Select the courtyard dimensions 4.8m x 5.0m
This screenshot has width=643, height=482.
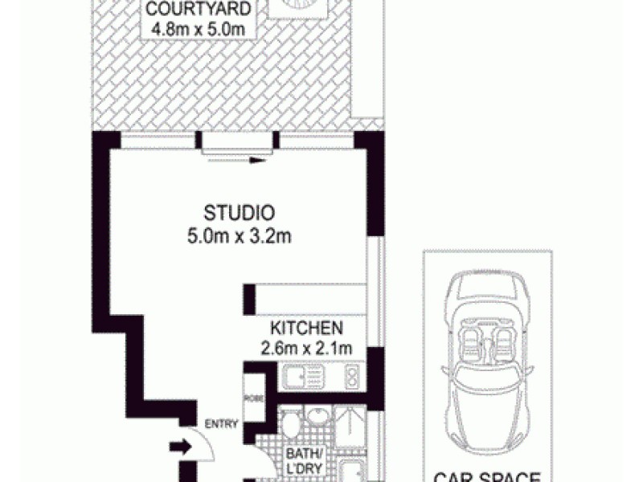pos(192,30)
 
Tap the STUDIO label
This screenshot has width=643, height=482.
pos(240,214)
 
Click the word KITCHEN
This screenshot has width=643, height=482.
pos(307,329)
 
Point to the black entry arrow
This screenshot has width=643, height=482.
pos(179,447)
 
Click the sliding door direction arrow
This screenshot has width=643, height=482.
pos(256,161)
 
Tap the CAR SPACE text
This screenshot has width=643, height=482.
pos(486,475)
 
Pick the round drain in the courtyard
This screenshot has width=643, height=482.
pos(298,7)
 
